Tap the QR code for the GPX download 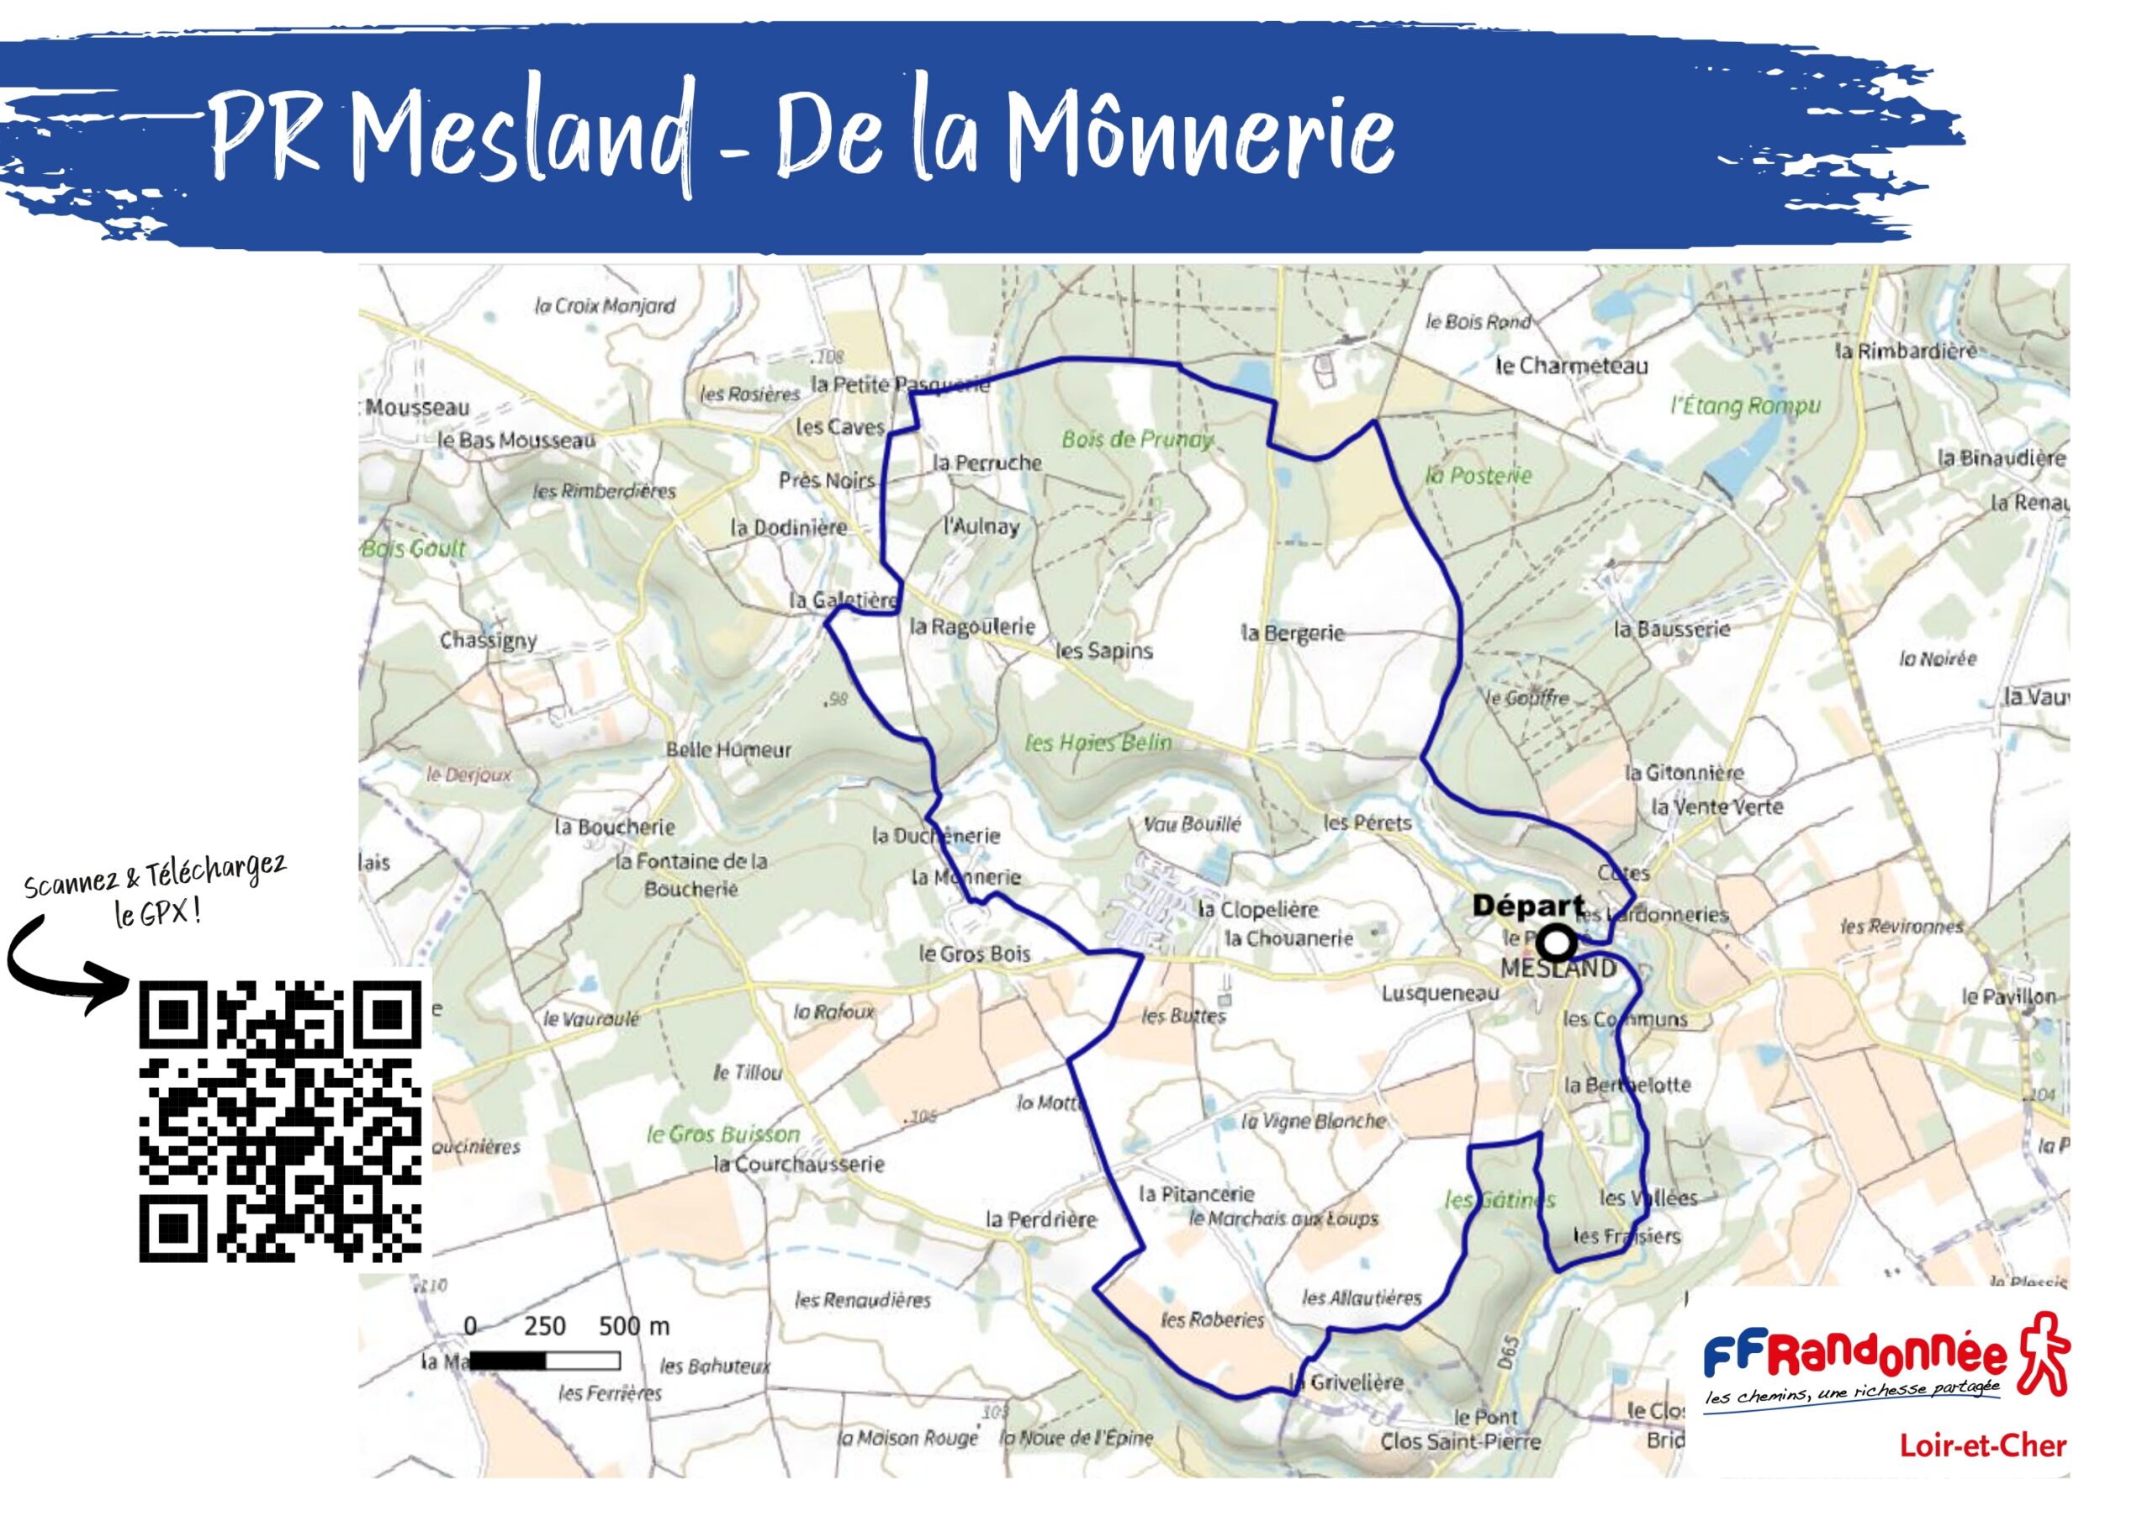[x=280, y=1121]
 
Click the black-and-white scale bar [x=544, y=1360]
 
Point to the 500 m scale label [x=634, y=1326]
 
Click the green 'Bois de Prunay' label [x=1136, y=439]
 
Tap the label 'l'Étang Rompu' [x=1745, y=406]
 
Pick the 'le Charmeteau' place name [x=1572, y=366]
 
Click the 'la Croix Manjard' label [x=605, y=306]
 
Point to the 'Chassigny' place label [x=489, y=641]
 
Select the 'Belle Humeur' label [x=728, y=750]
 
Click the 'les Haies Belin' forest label [x=1098, y=743]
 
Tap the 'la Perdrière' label [x=1041, y=1219]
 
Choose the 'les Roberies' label [x=1213, y=1319]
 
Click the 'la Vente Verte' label [x=1717, y=806]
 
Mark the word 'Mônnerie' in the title [x=1201, y=136]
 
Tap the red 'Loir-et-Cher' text [x=1982, y=1445]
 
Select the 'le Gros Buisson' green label [x=723, y=1134]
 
